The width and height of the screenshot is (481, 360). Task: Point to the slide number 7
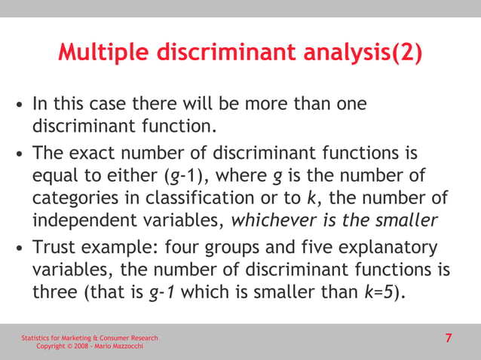pyautogui.click(x=449, y=338)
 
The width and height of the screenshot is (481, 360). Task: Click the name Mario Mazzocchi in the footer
pyautogui.click(x=114, y=346)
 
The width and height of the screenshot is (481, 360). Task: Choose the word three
pyautogui.click(x=55, y=291)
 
